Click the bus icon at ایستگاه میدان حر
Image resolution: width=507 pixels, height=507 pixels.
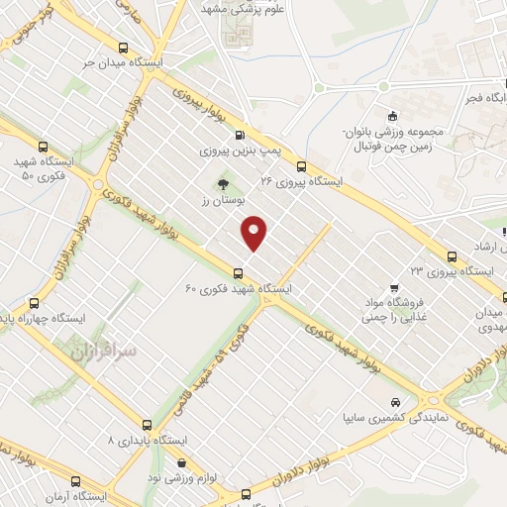coord(123,48)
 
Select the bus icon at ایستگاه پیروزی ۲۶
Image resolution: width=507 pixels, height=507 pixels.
coord(301,166)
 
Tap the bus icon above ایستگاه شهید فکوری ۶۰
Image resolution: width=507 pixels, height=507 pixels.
coord(237,274)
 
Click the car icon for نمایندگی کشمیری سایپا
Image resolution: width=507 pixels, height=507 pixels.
coord(396,403)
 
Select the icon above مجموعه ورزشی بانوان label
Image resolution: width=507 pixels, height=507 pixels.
coord(392,115)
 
